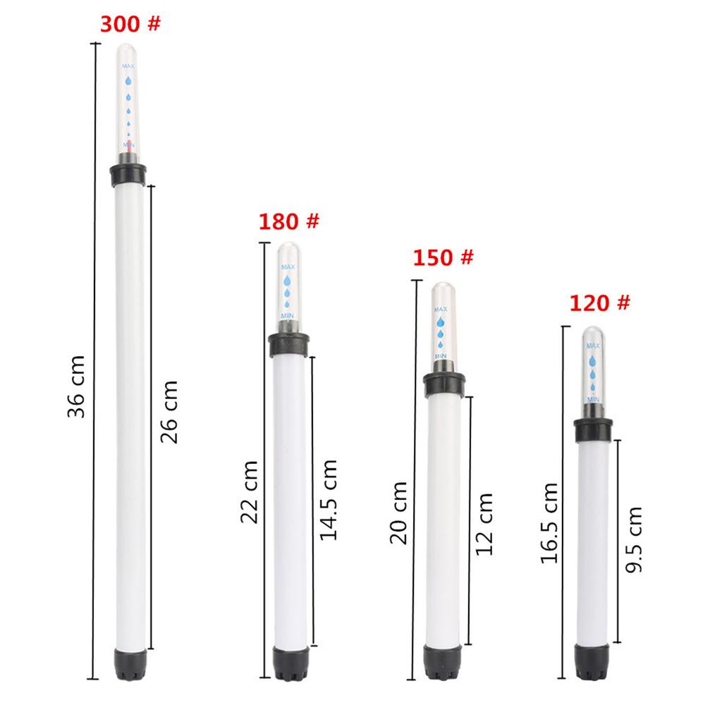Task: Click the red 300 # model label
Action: (x=130, y=24)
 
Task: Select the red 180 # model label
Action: (x=288, y=221)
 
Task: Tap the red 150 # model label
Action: (x=443, y=257)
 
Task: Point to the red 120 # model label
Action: (x=599, y=303)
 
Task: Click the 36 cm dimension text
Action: (x=76, y=387)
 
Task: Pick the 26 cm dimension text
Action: (x=169, y=412)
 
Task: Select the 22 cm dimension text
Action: (x=250, y=492)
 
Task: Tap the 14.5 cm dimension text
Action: (x=329, y=500)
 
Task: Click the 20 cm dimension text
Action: (x=399, y=513)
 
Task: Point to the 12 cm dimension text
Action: (x=484, y=524)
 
